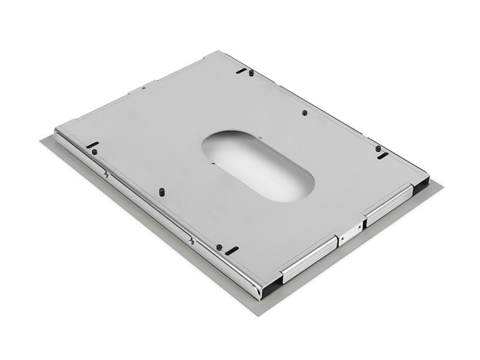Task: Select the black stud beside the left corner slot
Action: (95, 151)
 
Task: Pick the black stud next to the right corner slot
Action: (377, 148)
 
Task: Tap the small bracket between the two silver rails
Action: (350, 231)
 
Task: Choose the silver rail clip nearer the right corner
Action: (391, 203)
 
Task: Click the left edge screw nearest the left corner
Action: (106, 175)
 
